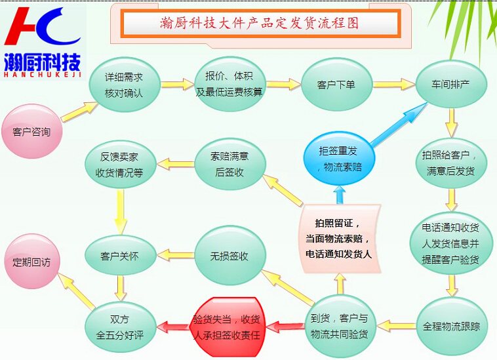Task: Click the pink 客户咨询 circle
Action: click(31, 131)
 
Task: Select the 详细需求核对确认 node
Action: click(125, 85)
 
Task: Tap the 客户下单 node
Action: click(336, 85)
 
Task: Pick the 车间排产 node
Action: click(450, 84)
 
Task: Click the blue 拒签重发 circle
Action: click(339, 159)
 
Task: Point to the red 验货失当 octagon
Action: click(228, 327)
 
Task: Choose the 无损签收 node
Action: click(229, 256)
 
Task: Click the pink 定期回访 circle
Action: click(31, 262)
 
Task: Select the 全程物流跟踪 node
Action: click(451, 326)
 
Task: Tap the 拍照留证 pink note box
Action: click(339, 239)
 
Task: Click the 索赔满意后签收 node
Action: click(229, 164)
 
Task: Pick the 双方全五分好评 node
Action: click(121, 327)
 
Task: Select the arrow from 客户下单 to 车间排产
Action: click(393, 85)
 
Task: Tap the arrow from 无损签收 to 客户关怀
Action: click(175, 255)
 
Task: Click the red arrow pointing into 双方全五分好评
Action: click(173, 327)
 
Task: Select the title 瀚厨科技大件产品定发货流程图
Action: click(259, 23)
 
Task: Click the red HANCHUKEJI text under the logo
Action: click(43, 75)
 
